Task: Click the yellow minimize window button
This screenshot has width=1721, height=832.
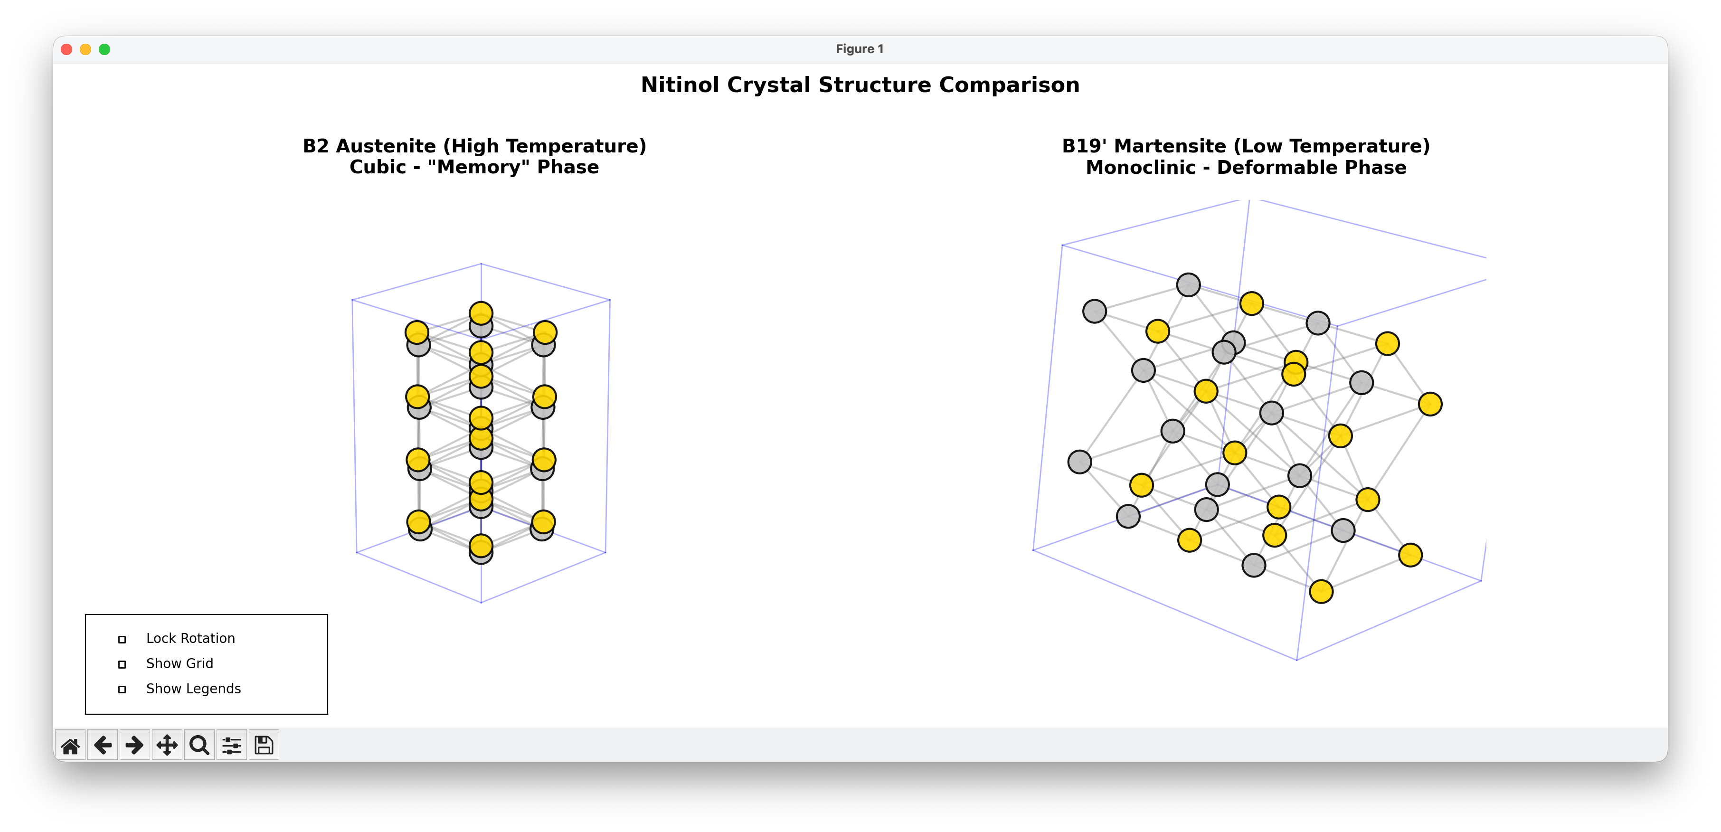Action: pos(85,49)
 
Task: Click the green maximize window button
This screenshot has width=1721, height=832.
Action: pos(104,49)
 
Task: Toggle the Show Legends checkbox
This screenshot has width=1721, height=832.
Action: pos(122,690)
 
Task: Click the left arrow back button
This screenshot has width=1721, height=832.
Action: pos(102,745)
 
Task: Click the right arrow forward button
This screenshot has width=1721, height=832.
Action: pos(134,745)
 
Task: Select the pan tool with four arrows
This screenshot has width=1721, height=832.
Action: pos(167,745)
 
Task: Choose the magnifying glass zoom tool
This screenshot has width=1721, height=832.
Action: pos(199,745)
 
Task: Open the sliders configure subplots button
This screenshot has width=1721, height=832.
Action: pos(232,745)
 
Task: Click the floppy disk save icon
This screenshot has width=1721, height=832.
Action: pos(264,745)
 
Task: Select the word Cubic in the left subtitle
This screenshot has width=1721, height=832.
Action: pos(378,168)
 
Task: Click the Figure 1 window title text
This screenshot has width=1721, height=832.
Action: pos(859,49)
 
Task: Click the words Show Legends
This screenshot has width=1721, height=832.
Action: pos(193,689)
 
